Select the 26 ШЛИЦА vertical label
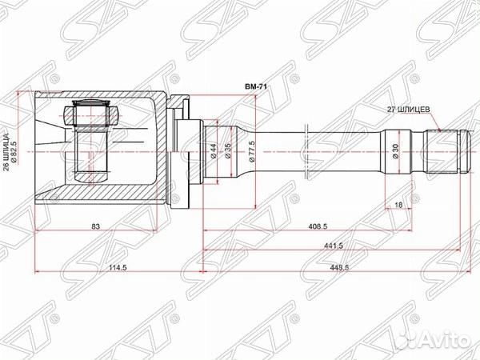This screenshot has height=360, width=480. click(6, 148)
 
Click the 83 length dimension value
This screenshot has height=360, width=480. click(95, 228)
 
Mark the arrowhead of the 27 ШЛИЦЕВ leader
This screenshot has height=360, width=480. click(439, 129)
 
